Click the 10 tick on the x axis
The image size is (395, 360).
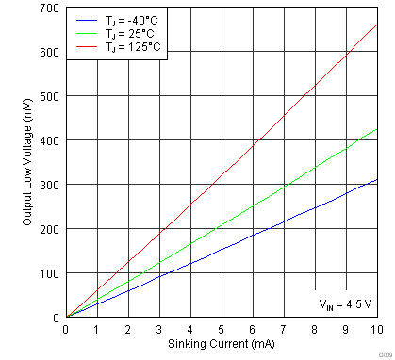(x=377, y=329)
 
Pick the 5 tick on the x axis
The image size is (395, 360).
(x=222, y=329)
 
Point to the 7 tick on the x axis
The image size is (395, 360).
(x=284, y=329)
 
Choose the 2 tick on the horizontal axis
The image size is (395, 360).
(x=128, y=329)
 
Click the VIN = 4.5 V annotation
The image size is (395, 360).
(x=345, y=303)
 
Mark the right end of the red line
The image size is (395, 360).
(x=377, y=25)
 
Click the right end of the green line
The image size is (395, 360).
(x=377, y=129)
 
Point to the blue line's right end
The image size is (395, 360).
(x=377, y=180)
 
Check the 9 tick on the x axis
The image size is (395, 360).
(x=346, y=329)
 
